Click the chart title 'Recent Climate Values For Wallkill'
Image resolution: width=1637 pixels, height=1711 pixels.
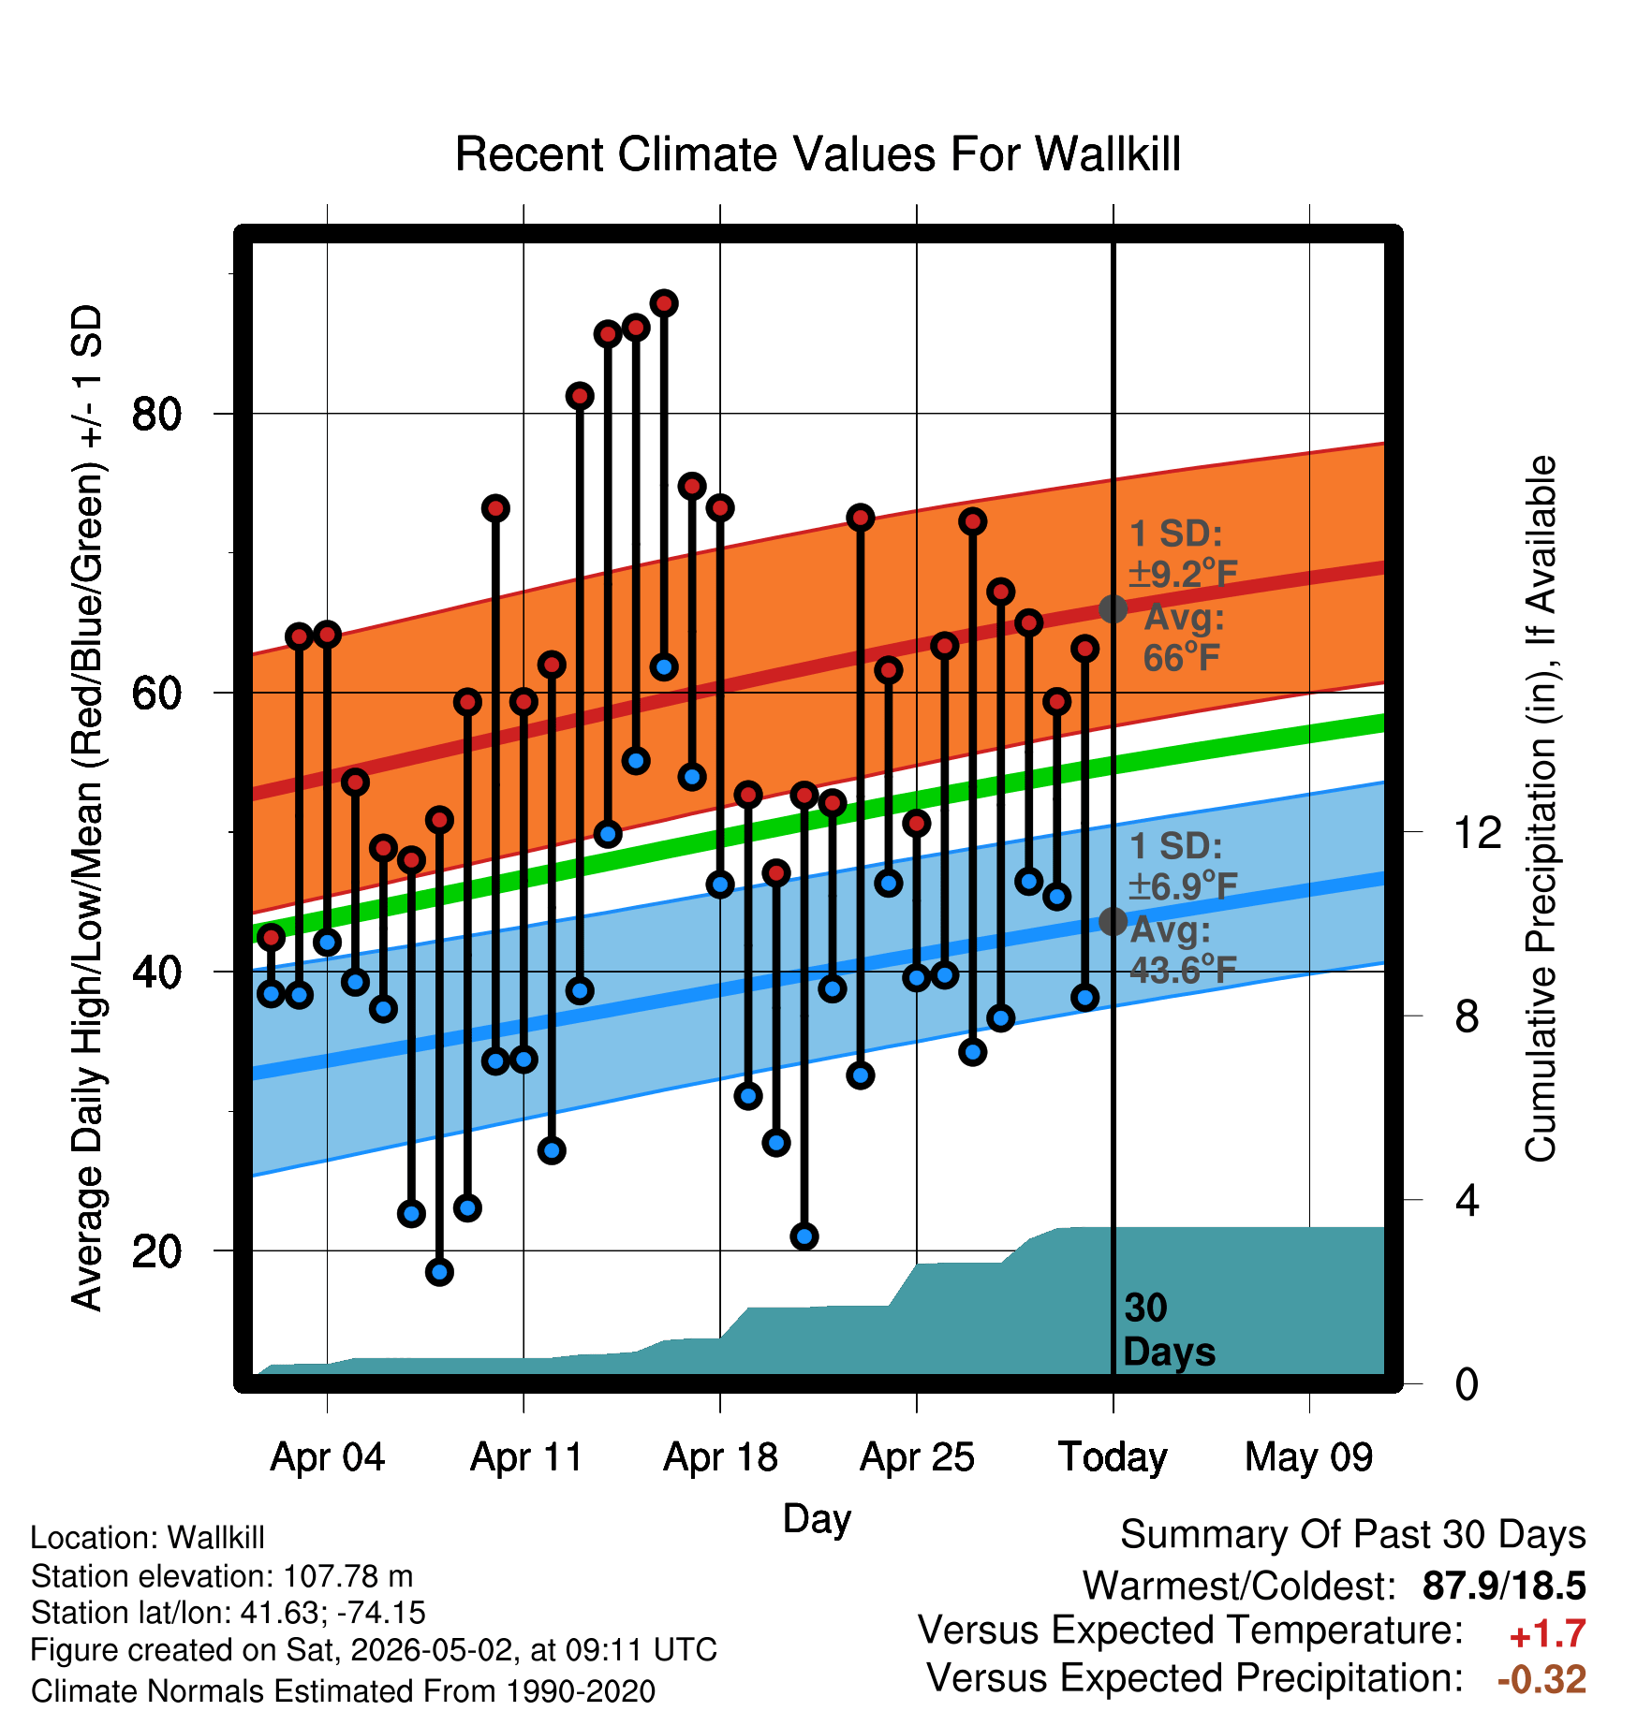pyautogui.click(x=818, y=154)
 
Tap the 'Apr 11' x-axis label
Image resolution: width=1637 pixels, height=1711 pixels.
pyautogui.click(x=526, y=1457)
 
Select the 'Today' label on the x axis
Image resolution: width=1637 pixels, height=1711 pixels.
pyautogui.click(x=1113, y=1457)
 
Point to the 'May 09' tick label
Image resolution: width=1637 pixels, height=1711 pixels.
pyautogui.click(x=1308, y=1457)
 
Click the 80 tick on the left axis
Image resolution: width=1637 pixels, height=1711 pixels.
pyautogui.click(x=156, y=414)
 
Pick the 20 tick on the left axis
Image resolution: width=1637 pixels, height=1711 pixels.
pyautogui.click(x=156, y=1251)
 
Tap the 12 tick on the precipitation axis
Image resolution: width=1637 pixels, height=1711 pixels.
pyautogui.click(x=1478, y=832)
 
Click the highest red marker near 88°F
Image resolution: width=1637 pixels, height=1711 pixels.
pyautogui.click(x=664, y=303)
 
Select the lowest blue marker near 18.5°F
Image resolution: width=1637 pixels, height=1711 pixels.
pyautogui.click(x=439, y=1272)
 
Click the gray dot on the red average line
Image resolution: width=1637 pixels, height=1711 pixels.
pyautogui.click(x=1113, y=609)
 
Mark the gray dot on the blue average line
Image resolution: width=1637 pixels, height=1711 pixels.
pyautogui.click(x=1113, y=922)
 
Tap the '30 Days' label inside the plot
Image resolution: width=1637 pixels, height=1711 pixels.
pyautogui.click(x=1169, y=1330)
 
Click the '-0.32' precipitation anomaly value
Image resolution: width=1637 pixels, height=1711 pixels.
pyautogui.click(x=1541, y=1679)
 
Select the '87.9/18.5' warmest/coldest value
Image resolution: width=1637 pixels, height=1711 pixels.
pyautogui.click(x=1504, y=1586)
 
